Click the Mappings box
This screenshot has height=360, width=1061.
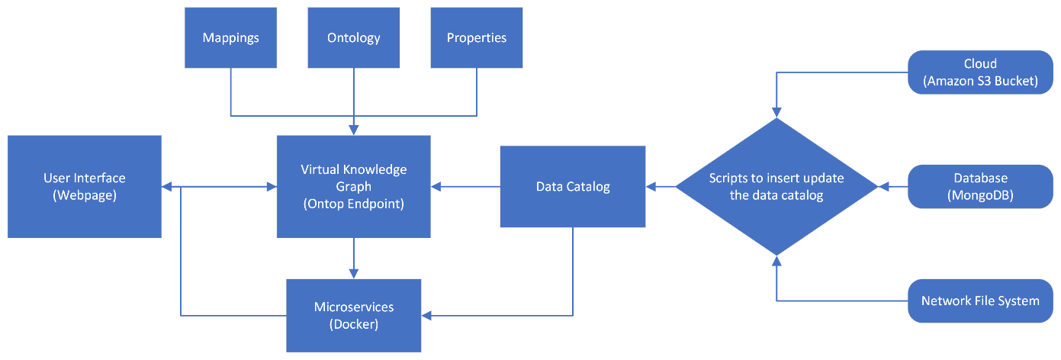point(230,37)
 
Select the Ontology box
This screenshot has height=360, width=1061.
point(353,37)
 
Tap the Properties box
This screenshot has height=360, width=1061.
point(476,37)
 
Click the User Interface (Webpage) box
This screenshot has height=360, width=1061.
point(85,186)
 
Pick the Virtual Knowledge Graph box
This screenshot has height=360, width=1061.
point(353,186)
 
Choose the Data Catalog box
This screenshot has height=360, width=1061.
point(573,186)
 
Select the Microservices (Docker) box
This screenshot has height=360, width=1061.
point(354,314)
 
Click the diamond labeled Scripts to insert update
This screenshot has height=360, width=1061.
point(776,186)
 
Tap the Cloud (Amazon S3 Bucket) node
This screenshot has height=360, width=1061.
point(980,72)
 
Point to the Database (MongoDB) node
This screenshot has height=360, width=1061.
point(980,186)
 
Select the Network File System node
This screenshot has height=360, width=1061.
point(980,301)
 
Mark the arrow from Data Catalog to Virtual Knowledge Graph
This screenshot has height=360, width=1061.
point(465,186)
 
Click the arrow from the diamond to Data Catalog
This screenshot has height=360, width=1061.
point(661,186)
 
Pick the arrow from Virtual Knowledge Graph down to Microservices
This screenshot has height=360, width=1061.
point(353,258)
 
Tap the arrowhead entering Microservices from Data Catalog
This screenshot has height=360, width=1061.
point(427,314)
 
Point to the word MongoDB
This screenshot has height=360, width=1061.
point(980,194)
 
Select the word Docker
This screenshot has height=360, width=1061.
point(354,323)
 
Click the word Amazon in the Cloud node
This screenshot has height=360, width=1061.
point(953,81)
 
